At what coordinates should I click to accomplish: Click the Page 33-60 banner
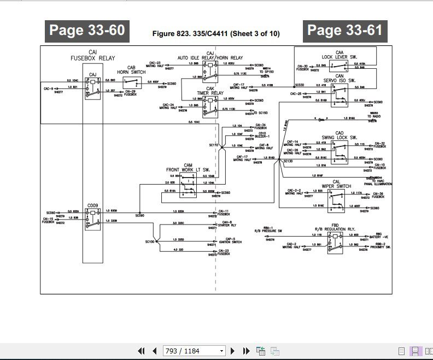tap(87, 30)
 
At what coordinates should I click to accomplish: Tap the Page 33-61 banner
tap(345, 30)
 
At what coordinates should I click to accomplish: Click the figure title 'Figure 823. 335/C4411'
tap(216, 34)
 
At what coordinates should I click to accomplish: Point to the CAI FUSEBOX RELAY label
tap(92, 55)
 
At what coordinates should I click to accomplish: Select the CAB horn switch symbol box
tap(132, 82)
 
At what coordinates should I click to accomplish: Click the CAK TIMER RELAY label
tap(210, 91)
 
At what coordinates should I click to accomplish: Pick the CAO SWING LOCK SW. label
tap(339, 135)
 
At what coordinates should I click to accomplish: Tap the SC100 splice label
tap(151, 241)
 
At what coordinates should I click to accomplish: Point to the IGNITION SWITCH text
tap(230, 242)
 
